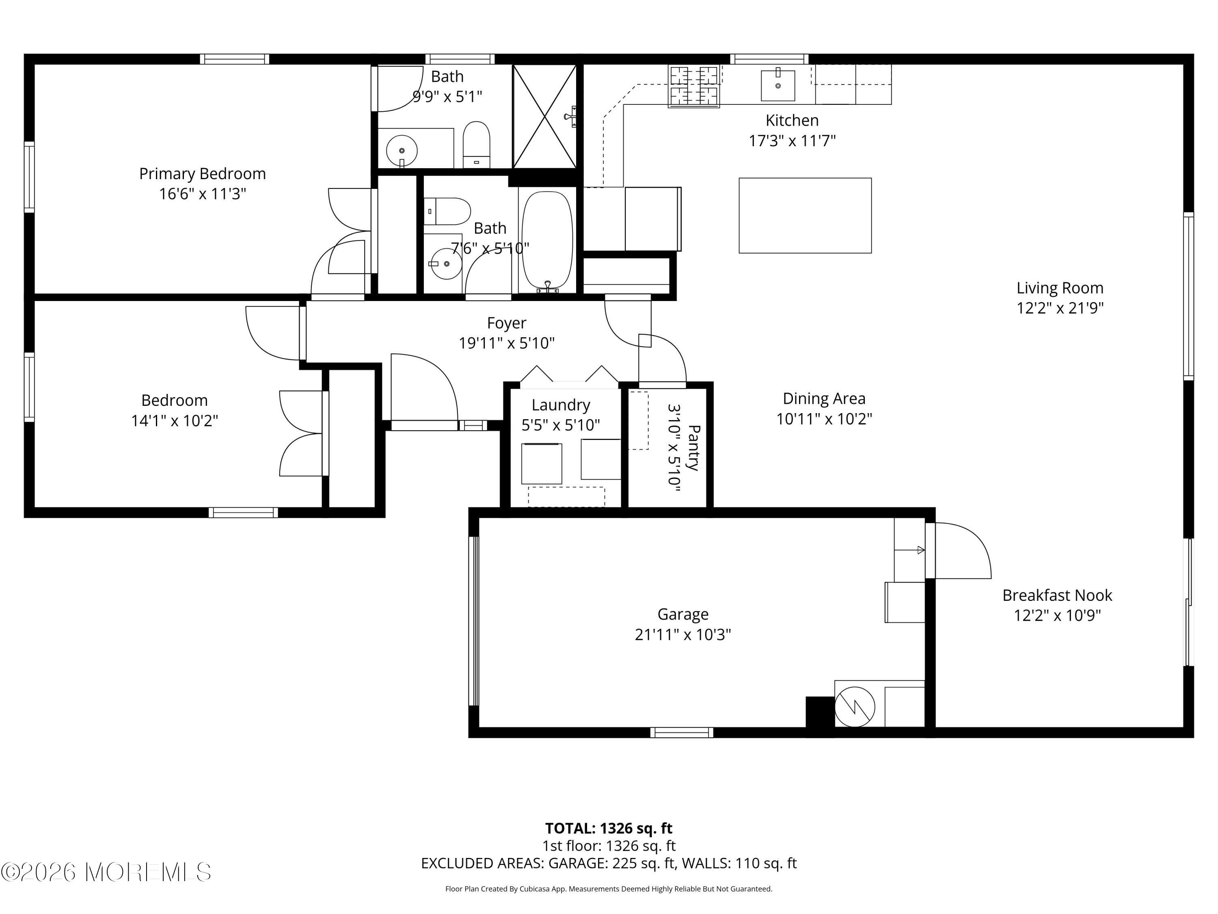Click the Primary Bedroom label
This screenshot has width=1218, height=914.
point(202,173)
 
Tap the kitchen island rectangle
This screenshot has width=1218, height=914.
point(805,215)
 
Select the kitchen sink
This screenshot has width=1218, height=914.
point(777,85)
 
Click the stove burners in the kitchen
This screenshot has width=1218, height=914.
point(694,86)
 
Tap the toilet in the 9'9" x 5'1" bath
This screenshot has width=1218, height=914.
point(476,144)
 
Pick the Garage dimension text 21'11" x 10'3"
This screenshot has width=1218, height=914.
point(683,635)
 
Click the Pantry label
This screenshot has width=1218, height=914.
point(694,447)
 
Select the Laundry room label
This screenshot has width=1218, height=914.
point(561,405)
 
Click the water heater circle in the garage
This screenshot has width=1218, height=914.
point(855,707)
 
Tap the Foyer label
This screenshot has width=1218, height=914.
point(507,323)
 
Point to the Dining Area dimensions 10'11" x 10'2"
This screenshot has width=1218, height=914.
point(824,419)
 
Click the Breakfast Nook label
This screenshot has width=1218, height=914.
point(1057,595)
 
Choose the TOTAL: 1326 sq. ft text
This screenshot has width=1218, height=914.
point(609,828)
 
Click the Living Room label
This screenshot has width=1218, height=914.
point(1060,288)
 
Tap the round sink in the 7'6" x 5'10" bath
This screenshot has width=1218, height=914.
point(447,263)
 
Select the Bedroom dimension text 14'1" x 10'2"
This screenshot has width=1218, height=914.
point(175,421)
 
